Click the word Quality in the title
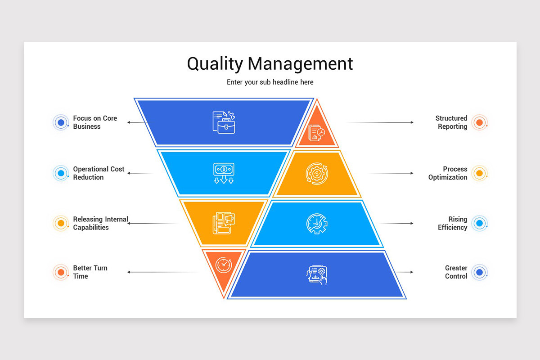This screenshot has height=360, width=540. coord(215,64)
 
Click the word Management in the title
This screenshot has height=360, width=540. coord(300,64)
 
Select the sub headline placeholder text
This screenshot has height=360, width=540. coord(270,82)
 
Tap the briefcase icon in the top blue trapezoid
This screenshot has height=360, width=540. coord(224,122)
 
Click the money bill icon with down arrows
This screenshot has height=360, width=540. coord(224,173)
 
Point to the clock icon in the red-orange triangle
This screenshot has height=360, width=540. coord(223,265)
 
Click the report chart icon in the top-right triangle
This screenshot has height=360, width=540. coord(317,133)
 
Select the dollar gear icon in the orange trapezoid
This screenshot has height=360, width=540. coord(317,173)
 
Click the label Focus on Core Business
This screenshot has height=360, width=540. coord(95,122)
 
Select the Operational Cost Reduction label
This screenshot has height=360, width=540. coord(99,173)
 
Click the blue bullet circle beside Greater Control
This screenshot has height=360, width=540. coord(479,272)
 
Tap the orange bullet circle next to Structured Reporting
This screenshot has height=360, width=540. coord(479,122)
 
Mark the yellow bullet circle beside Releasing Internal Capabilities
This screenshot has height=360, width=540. coord(61,223)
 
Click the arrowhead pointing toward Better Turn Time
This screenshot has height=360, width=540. coord(129,272)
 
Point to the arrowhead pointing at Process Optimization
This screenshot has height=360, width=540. coord(411,173)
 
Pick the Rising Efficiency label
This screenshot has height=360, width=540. coord(453,223)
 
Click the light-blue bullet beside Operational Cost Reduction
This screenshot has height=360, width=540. coord(61,173)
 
